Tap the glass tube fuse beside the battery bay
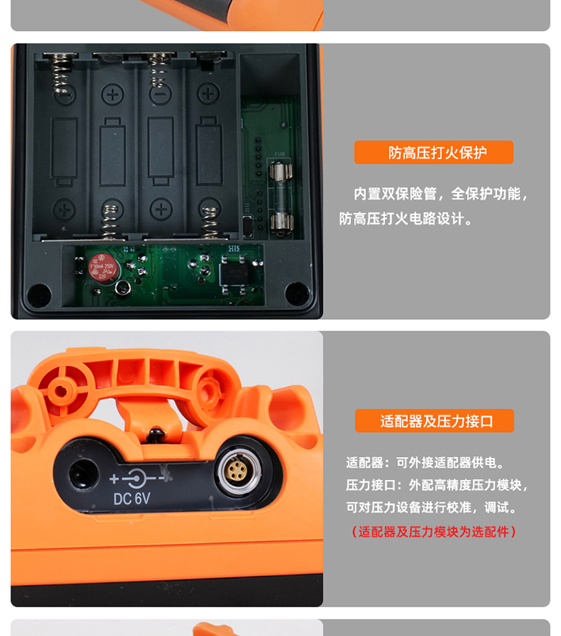[281, 197]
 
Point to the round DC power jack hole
[83, 475]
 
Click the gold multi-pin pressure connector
[238, 472]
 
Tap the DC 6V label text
[132, 499]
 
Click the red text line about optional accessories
[434, 531]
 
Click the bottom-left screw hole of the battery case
[39, 295]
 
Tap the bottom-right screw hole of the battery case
[297, 293]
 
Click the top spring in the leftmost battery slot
[62, 72]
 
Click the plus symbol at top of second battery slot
[112, 95]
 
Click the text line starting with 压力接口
[437, 484]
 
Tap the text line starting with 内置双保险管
[441, 194]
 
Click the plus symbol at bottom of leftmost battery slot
[64, 210]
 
